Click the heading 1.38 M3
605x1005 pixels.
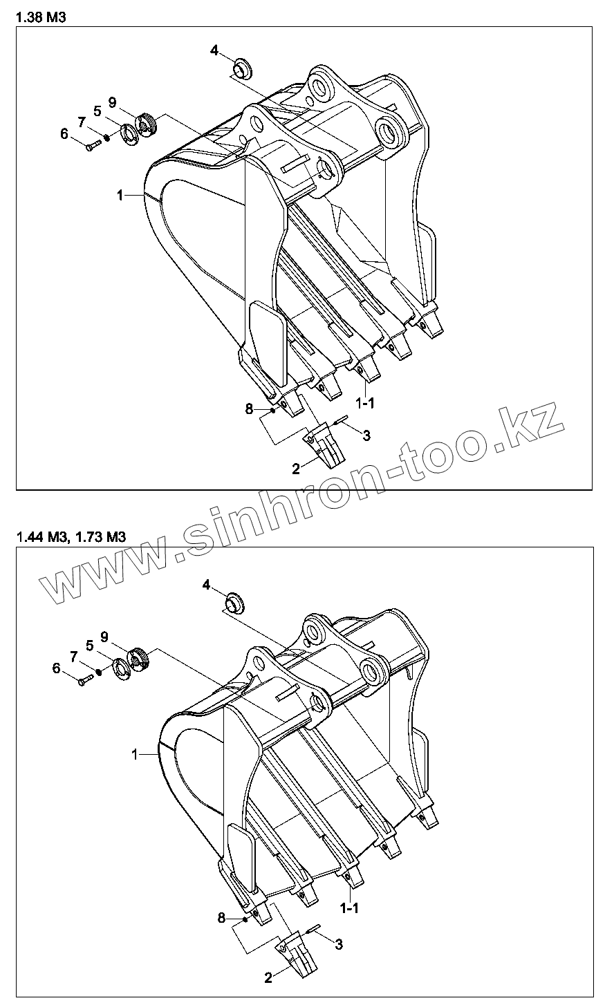[x=41, y=18]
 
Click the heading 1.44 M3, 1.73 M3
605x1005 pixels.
[x=70, y=538]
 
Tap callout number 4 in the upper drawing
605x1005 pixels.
[x=214, y=50]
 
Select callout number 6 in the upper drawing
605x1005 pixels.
[x=64, y=134]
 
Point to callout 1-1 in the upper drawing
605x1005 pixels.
[x=365, y=402]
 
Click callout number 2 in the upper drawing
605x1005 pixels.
[x=296, y=469]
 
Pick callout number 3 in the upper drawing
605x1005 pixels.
[x=366, y=435]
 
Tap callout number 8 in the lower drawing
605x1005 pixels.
[x=222, y=918]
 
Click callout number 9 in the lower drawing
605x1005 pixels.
[x=104, y=636]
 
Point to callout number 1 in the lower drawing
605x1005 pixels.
[x=136, y=755]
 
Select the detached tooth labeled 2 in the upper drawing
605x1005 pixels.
[x=324, y=447]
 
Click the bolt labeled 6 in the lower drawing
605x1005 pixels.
[x=84, y=682]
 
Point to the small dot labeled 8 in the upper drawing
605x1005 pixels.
[x=273, y=411]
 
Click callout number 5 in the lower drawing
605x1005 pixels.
[x=90, y=645]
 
